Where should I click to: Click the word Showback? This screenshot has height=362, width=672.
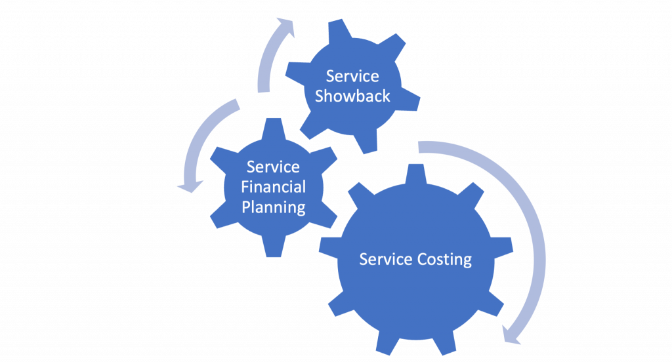[352, 96]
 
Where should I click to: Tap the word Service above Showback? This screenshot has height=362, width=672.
[352, 76]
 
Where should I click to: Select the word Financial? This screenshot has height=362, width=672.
[273, 187]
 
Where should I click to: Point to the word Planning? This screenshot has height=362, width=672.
[273, 207]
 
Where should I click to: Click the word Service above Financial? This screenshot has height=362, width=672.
[273, 167]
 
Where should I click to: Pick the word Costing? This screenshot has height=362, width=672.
[445, 260]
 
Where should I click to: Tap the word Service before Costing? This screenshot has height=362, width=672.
[386, 260]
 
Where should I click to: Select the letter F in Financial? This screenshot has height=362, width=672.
[245, 187]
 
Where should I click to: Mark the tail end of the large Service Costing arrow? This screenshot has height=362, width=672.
[420, 147]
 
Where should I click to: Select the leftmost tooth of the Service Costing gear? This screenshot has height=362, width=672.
[327, 244]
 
